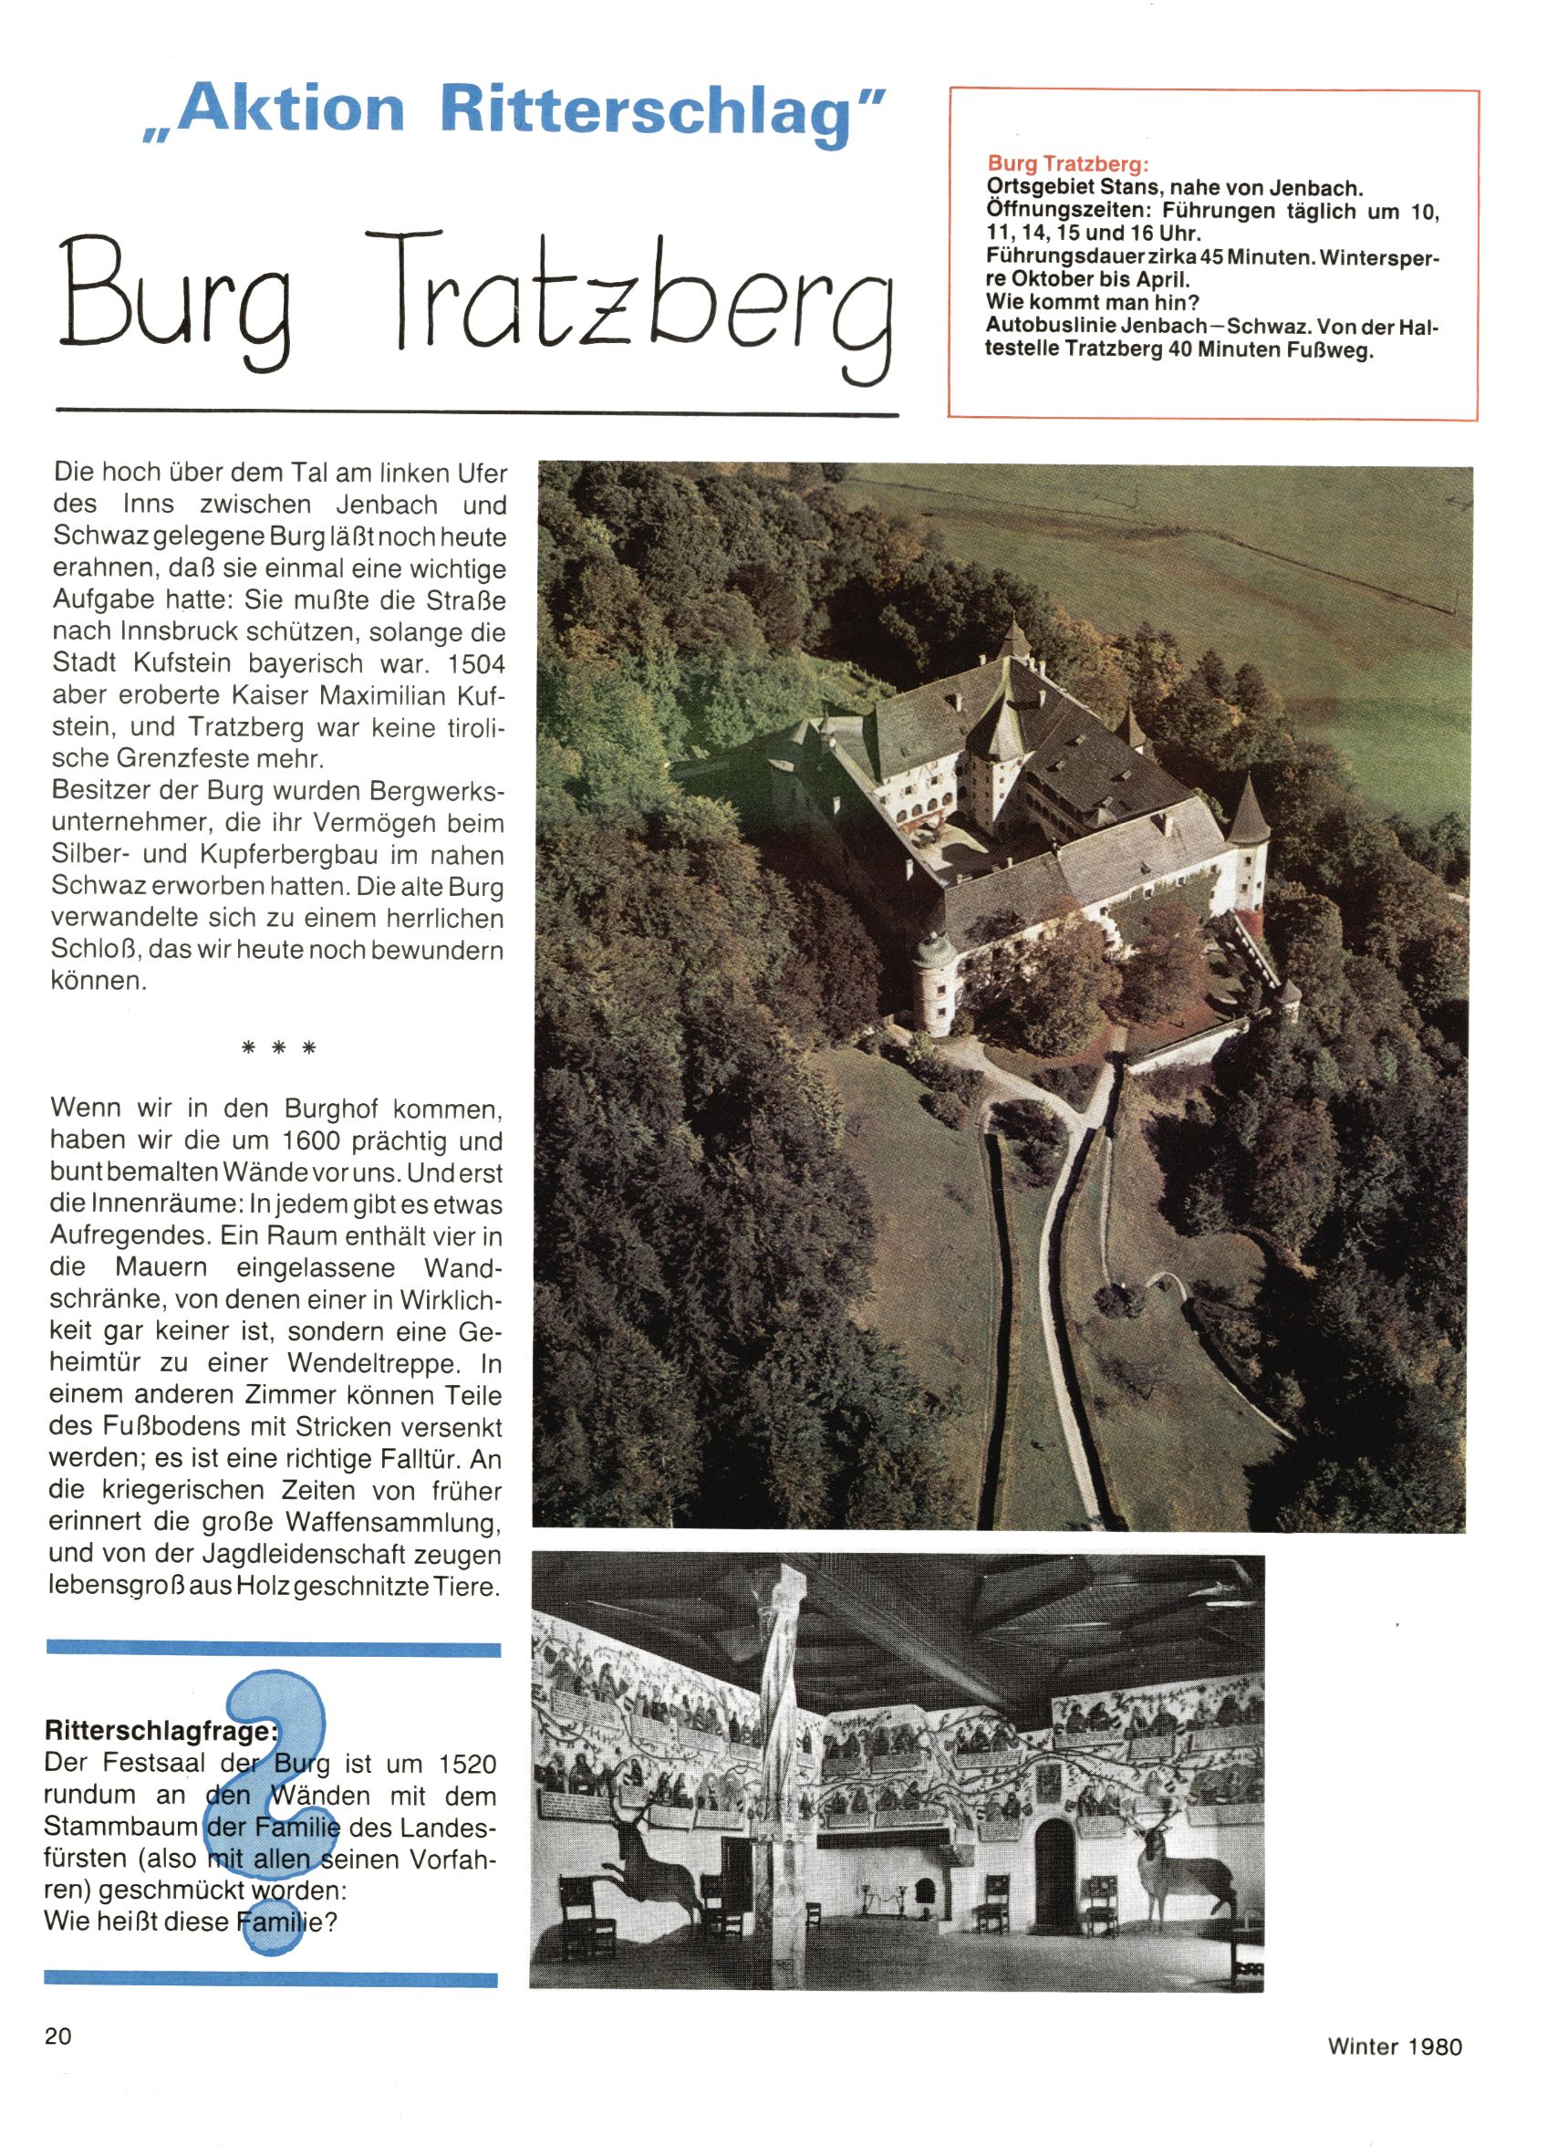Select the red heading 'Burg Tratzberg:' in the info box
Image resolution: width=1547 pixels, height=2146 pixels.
1068,163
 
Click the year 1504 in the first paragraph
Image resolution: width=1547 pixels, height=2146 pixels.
477,663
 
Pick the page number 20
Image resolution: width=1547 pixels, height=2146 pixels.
57,2036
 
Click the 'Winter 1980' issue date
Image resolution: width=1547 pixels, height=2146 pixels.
1395,2046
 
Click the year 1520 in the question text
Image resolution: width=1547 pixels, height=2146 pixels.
467,1764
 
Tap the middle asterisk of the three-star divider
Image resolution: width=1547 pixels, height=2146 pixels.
278,1048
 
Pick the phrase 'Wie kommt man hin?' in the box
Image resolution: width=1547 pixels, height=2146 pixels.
1091,303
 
